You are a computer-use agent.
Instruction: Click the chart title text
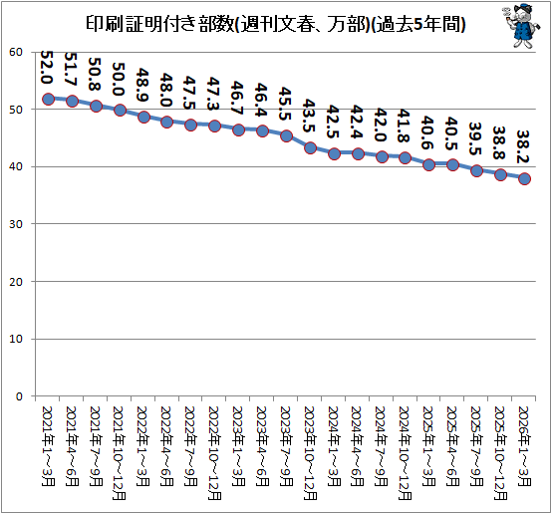click(x=276, y=24)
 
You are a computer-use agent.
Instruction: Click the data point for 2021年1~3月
click(x=48, y=99)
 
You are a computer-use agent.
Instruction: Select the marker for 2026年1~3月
click(x=524, y=178)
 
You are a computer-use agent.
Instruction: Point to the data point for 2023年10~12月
click(x=310, y=147)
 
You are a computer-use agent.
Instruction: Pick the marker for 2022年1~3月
click(x=143, y=117)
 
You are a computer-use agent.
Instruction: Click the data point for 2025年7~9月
click(x=476, y=171)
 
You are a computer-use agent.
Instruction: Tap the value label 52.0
click(x=47, y=67)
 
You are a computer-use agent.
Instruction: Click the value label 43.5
click(x=309, y=116)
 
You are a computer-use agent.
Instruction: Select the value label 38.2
click(x=523, y=146)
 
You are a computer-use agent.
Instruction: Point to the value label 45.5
click(x=285, y=104)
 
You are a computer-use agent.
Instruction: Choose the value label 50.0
click(x=119, y=80)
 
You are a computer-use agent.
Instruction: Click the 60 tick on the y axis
click(x=16, y=52)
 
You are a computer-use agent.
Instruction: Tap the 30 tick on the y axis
click(x=16, y=224)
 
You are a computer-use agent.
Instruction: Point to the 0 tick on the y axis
click(x=19, y=396)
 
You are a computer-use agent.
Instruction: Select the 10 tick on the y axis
click(x=16, y=339)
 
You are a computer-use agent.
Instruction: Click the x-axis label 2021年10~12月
click(x=119, y=453)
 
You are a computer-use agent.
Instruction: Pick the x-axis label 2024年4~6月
click(x=357, y=446)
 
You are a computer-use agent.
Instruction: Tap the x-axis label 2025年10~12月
click(x=500, y=453)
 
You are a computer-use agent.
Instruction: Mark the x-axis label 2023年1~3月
click(x=238, y=446)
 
